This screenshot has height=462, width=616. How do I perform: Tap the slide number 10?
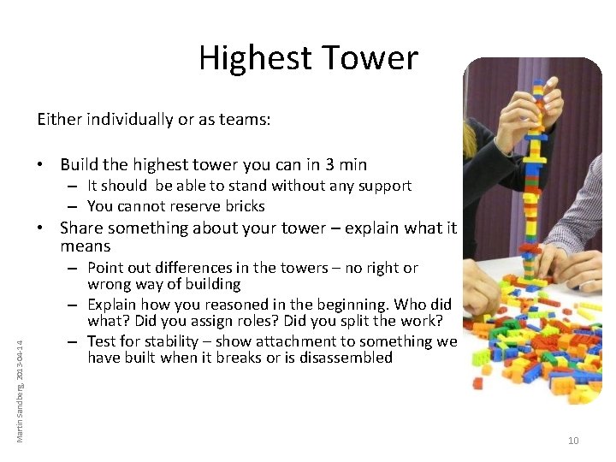(573, 441)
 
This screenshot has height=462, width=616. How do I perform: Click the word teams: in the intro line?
(244, 120)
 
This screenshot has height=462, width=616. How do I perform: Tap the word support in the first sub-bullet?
(383, 187)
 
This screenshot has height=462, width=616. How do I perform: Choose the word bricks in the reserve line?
(244, 206)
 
